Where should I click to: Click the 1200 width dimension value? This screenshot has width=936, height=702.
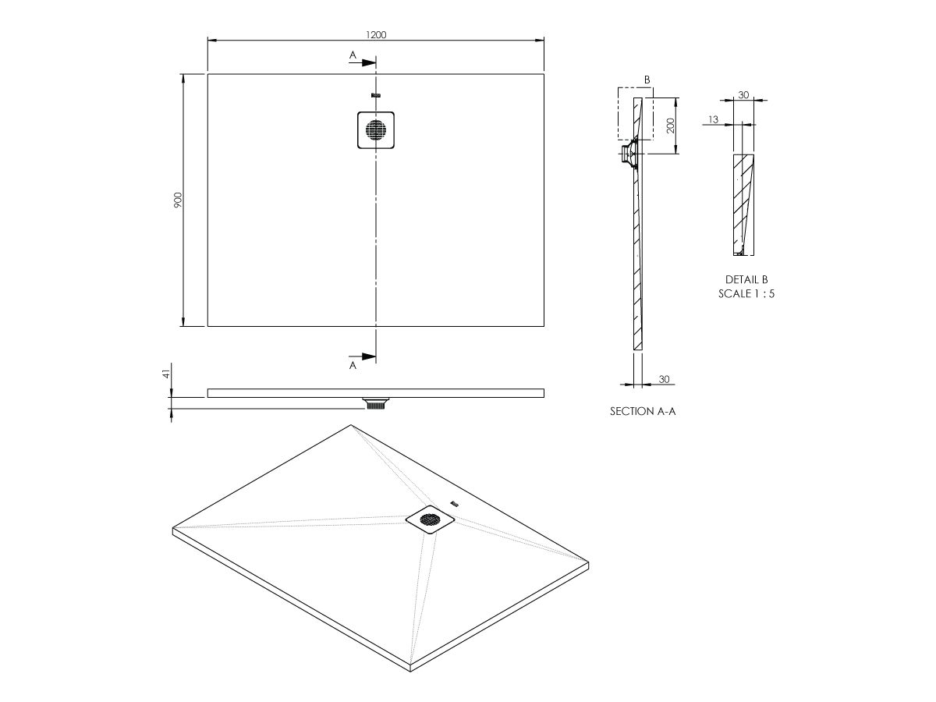click(375, 34)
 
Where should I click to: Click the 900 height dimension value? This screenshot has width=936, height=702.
click(177, 200)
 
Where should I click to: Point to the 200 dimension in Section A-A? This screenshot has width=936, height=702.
click(670, 126)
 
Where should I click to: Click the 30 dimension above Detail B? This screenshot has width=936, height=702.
click(743, 94)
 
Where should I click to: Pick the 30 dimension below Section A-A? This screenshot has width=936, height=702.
click(665, 379)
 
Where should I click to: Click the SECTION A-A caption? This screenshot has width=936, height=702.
click(642, 410)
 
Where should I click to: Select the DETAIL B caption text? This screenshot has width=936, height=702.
click(746, 279)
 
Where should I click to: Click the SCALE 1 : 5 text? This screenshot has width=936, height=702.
click(746, 294)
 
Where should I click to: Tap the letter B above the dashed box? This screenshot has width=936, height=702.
click(647, 80)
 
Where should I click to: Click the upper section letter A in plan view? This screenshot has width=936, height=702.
click(353, 55)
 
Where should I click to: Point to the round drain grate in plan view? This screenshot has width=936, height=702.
click(376, 130)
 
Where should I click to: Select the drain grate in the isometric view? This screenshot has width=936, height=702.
click(430, 518)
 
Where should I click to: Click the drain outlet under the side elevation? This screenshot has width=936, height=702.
click(376, 404)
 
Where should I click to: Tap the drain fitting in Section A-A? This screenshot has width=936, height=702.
click(628, 154)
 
